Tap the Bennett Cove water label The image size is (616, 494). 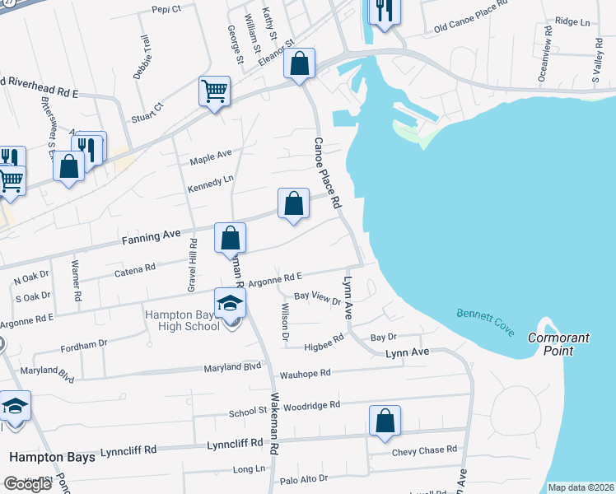point(484,324)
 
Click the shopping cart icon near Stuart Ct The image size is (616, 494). point(214,91)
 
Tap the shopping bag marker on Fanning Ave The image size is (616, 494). point(231,238)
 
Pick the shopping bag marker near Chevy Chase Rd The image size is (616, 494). point(385,421)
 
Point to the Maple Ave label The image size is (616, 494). point(211,153)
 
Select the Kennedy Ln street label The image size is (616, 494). point(212,181)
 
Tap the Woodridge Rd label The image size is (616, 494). point(312,405)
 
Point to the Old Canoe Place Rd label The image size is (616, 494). point(468,30)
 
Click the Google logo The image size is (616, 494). point(27,484)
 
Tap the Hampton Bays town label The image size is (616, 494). point(52,456)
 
